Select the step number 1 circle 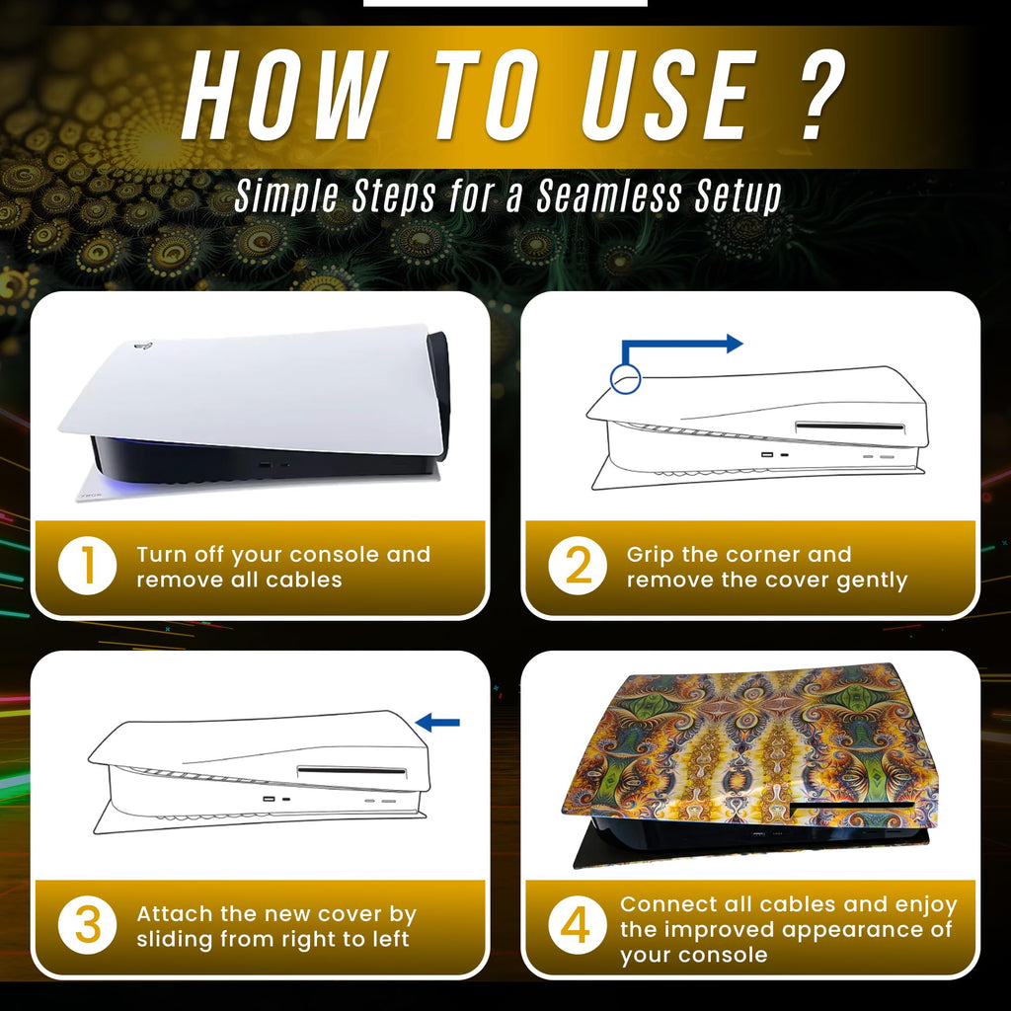pyautogui.click(x=87, y=566)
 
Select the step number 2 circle pyautogui.click(x=577, y=566)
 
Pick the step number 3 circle pyautogui.click(x=87, y=925)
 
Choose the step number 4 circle pyautogui.click(x=577, y=925)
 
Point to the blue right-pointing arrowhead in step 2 pyautogui.click(x=735, y=344)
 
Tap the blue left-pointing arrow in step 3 pyautogui.click(x=437, y=723)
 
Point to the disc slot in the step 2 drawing pyautogui.click(x=850, y=427)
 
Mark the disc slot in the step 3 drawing pyautogui.click(x=351, y=770)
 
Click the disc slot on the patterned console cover pyautogui.click(x=852, y=806)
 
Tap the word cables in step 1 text pyautogui.click(x=304, y=580)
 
